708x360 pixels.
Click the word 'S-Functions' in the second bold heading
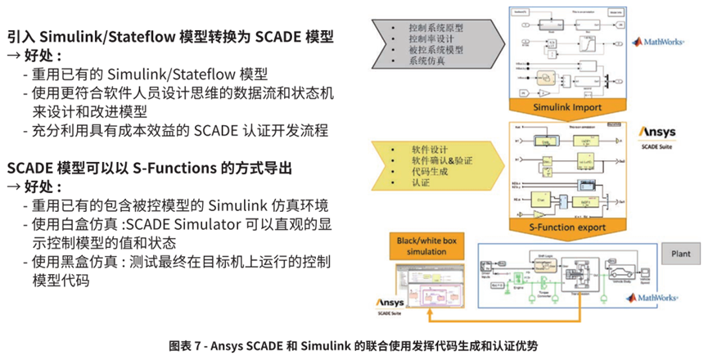tap(176, 168)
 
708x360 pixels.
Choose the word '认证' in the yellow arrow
tap(421, 184)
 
